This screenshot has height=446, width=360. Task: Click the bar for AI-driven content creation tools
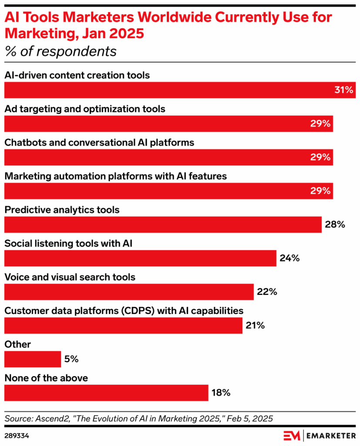click(x=174, y=90)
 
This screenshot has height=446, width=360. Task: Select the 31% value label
click(x=343, y=90)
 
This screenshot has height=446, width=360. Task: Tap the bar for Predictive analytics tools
click(x=163, y=225)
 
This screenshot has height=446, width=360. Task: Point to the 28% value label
click(x=334, y=225)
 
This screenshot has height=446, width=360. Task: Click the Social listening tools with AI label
click(x=68, y=243)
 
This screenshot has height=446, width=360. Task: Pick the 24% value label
click(x=289, y=258)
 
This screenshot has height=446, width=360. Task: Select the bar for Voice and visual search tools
click(x=129, y=292)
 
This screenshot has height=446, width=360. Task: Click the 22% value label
click(x=267, y=292)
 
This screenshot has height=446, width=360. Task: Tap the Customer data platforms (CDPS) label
click(x=124, y=311)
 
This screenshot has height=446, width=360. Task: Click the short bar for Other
click(x=33, y=359)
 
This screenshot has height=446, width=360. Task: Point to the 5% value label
click(x=71, y=359)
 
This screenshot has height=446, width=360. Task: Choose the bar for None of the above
click(x=106, y=393)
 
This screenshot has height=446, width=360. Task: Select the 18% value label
click(x=221, y=393)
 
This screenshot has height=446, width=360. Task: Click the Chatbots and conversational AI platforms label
click(x=99, y=142)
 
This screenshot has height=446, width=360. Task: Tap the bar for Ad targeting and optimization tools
click(x=168, y=124)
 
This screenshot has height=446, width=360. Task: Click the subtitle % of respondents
click(x=61, y=51)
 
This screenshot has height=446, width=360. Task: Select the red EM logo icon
click(x=292, y=435)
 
